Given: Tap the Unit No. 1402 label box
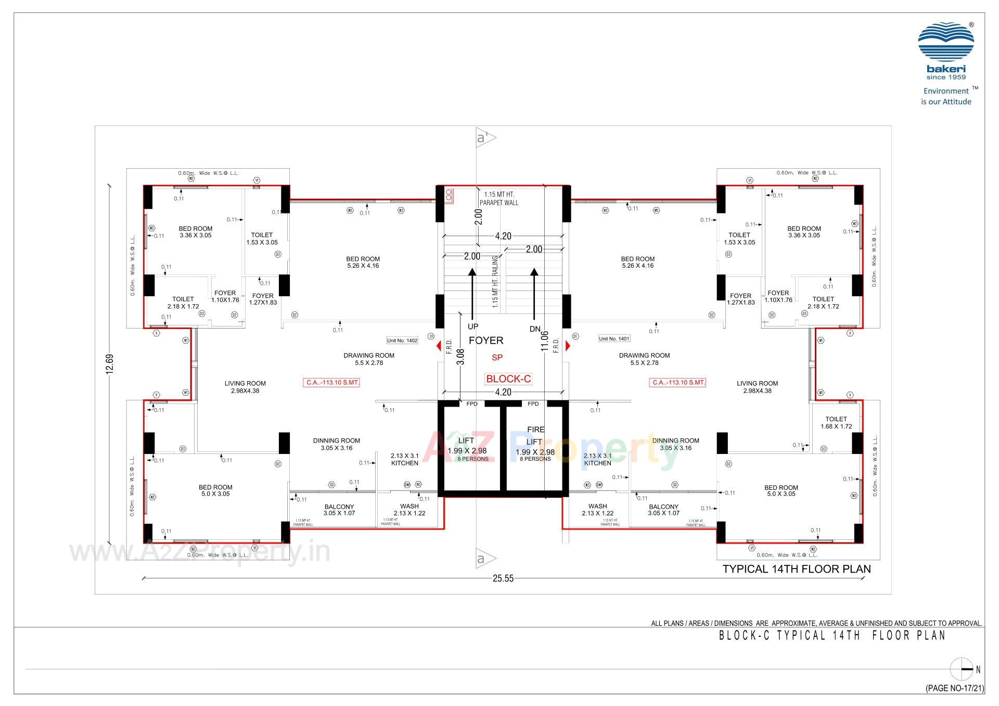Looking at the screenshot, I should point(402,341).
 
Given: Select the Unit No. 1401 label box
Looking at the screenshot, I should point(614,338).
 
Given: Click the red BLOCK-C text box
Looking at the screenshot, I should point(508,379).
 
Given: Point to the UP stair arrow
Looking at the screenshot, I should point(472,294).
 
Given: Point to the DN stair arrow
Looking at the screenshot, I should point(534,294).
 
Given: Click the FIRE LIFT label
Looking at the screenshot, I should point(535,436).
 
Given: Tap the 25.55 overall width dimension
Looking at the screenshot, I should point(503,578).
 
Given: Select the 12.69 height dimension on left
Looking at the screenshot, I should point(109,364).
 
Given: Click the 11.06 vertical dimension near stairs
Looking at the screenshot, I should point(545,341).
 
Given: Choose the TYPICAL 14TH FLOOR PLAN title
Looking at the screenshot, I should point(796,569).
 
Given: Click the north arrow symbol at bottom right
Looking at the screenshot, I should point(962,670).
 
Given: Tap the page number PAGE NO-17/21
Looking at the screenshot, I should point(955,688).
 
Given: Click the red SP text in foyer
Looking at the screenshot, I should point(497,358).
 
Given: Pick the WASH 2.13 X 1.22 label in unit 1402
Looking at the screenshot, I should point(409,510).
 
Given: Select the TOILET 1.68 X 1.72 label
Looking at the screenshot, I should point(836,423).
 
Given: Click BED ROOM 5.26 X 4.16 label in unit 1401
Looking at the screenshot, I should point(637,262).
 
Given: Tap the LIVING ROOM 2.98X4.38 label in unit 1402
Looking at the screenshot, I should point(245,387).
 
